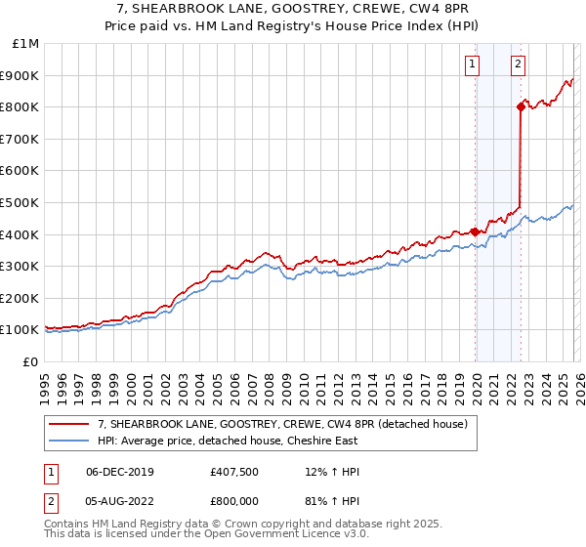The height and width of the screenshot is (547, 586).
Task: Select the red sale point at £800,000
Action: (x=521, y=107)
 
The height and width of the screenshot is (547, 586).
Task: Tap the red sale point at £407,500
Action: (x=476, y=231)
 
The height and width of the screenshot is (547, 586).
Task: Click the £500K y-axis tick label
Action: (x=20, y=203)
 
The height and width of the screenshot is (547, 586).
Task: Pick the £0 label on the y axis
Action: (x=29, y=361)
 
